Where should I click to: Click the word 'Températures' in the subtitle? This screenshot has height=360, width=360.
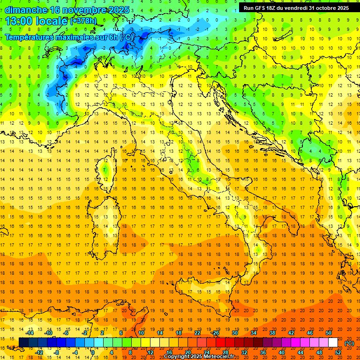[33, 37]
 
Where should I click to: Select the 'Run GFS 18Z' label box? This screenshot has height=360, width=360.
[296, 7]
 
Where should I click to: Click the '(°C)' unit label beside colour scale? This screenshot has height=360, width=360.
[349, 343]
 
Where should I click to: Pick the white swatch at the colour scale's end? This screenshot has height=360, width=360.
[333, 343]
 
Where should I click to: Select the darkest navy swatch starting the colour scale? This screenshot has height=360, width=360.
[23, 343]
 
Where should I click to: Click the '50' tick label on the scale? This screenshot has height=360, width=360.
[329, 333]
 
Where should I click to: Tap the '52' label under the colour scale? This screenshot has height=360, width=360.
[338, 352]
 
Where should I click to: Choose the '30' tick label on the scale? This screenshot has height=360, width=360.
[234, 333]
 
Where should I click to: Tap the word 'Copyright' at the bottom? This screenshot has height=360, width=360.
[176, 357]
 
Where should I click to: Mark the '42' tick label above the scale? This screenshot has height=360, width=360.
[291, 333]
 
